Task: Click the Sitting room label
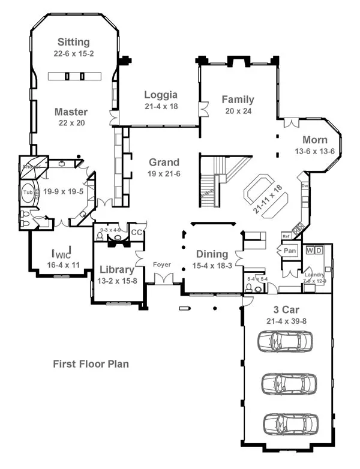click(74, 42)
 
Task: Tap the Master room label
click(71, 112)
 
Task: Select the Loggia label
click(161, 94)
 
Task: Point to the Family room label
click(238, 100)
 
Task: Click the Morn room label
click(314, 140)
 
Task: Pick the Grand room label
click(164, 162)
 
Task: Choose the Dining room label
click(211, 254)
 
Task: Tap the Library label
click(116, 269)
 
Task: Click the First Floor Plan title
click(91, 363)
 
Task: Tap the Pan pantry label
click(290, 250)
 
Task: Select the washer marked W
click(310, 249)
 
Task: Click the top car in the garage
click(286, 342)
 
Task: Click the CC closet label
click(136, 232)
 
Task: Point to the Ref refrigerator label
click(286, 237)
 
